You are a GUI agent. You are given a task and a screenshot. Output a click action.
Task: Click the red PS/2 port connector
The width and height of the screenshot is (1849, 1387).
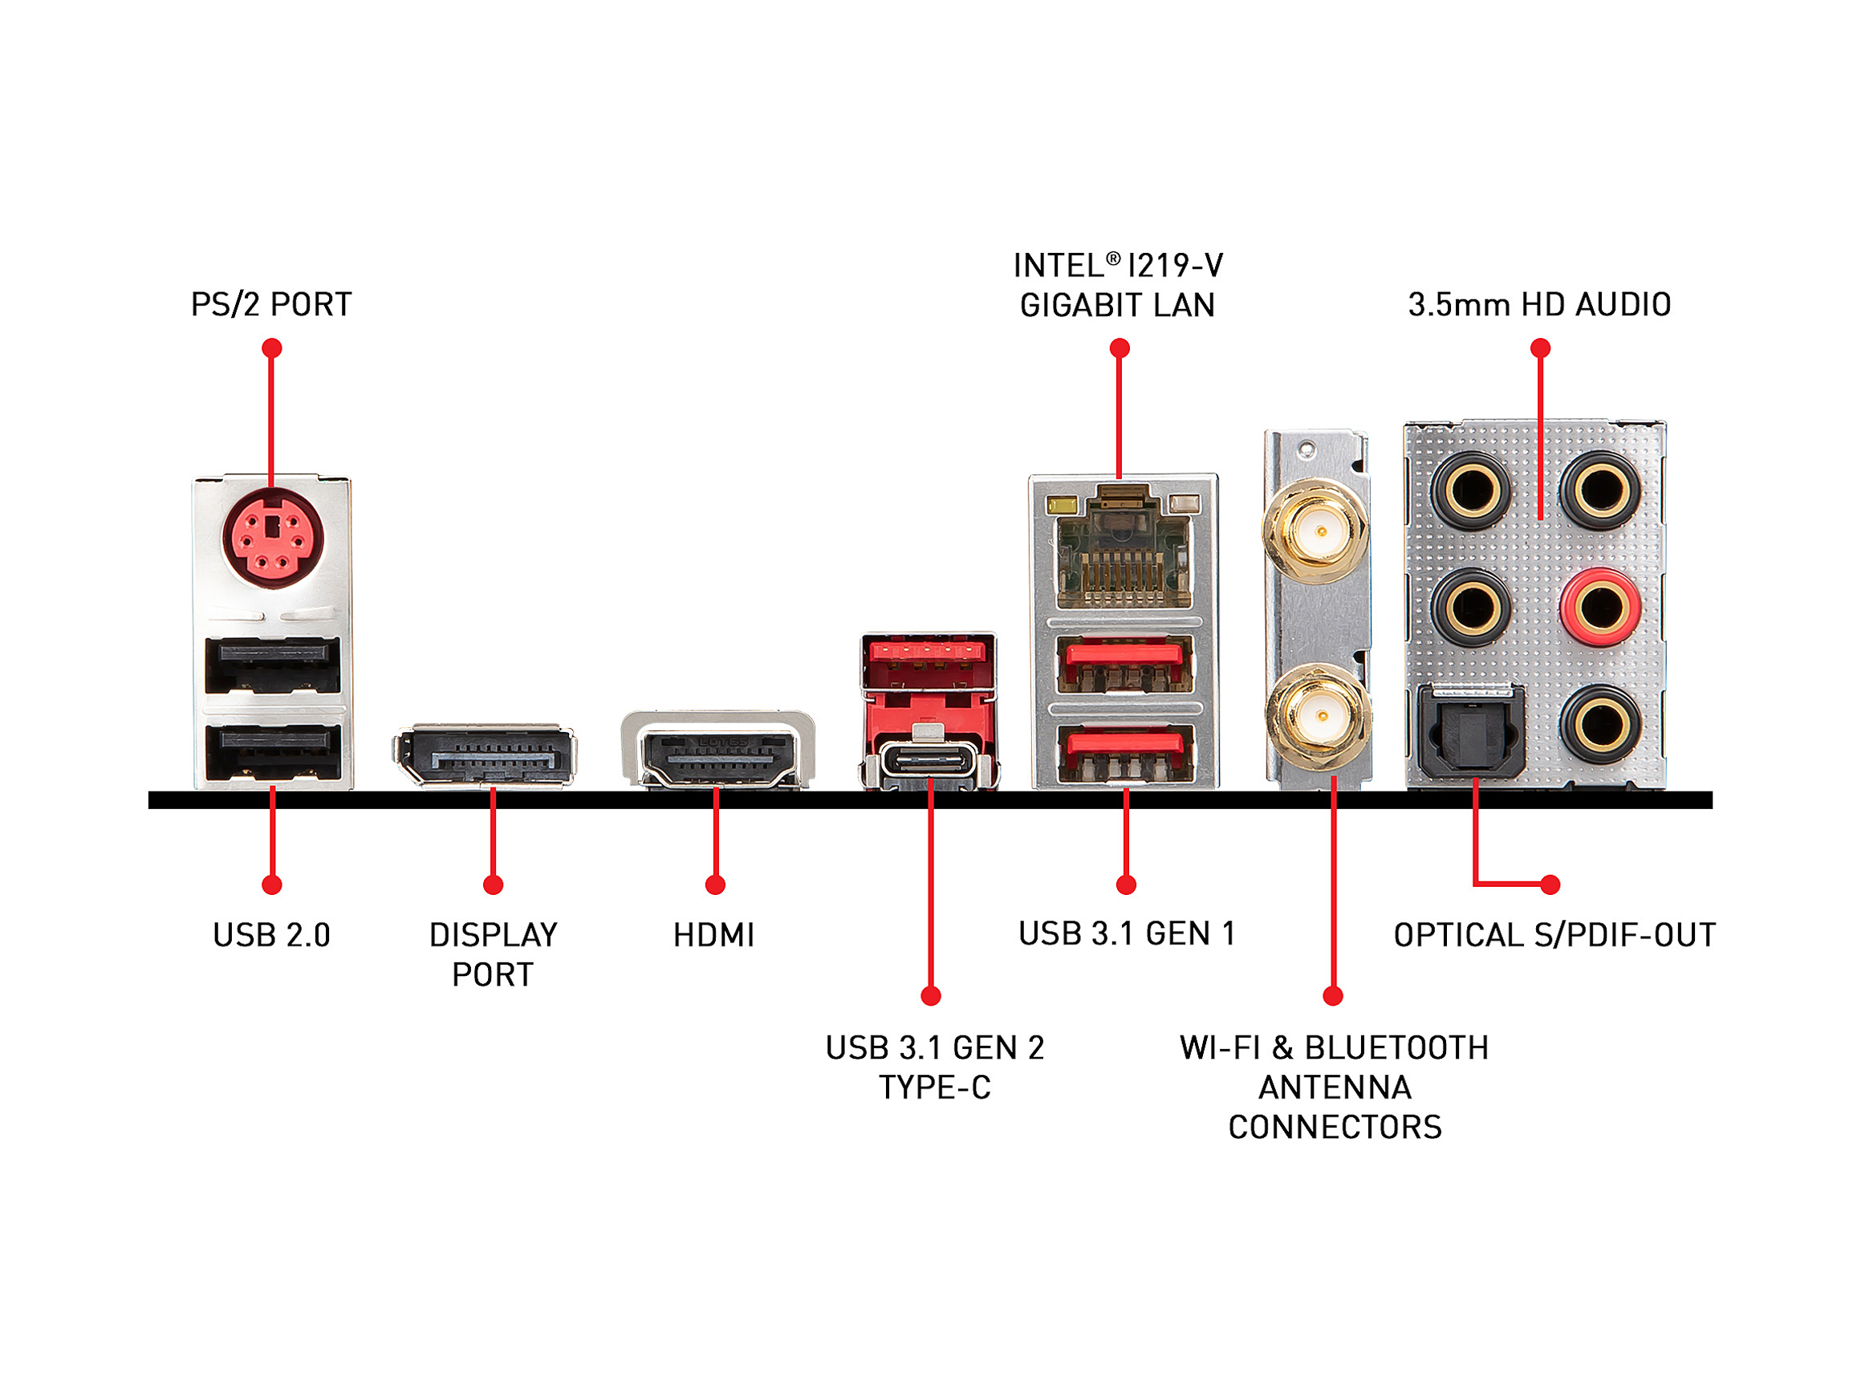[273, 538]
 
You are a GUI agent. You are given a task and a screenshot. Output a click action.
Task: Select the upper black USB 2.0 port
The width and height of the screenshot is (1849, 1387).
[273, 665]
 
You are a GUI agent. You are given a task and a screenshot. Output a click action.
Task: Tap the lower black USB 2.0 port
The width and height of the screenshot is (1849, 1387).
[273, 752]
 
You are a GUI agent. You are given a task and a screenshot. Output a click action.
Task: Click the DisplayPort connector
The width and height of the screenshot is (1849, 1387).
[484, 755]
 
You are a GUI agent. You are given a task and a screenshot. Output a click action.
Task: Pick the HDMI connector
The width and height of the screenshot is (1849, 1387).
[717, 750]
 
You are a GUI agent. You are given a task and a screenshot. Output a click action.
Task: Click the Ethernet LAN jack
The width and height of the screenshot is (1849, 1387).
[1123, 547]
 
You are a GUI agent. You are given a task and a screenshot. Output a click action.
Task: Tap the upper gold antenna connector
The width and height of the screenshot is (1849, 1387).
[1319, 531]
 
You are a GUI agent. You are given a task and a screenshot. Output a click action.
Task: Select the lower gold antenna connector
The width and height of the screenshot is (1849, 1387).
[1319, 717]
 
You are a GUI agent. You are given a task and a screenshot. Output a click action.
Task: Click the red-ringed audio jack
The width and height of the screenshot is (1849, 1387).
[1600, 607]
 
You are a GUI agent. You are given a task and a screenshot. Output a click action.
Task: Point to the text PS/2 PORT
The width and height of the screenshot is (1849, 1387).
[272, 304]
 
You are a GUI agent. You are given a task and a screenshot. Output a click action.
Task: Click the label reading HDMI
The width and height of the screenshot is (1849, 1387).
[714, 934]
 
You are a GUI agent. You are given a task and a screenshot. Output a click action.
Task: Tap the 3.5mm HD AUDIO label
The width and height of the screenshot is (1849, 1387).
[1540, 304]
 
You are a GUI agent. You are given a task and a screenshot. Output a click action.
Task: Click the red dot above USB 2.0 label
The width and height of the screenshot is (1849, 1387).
[272, 885]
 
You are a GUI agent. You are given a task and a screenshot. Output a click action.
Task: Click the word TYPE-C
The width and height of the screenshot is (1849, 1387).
[934, 1088]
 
